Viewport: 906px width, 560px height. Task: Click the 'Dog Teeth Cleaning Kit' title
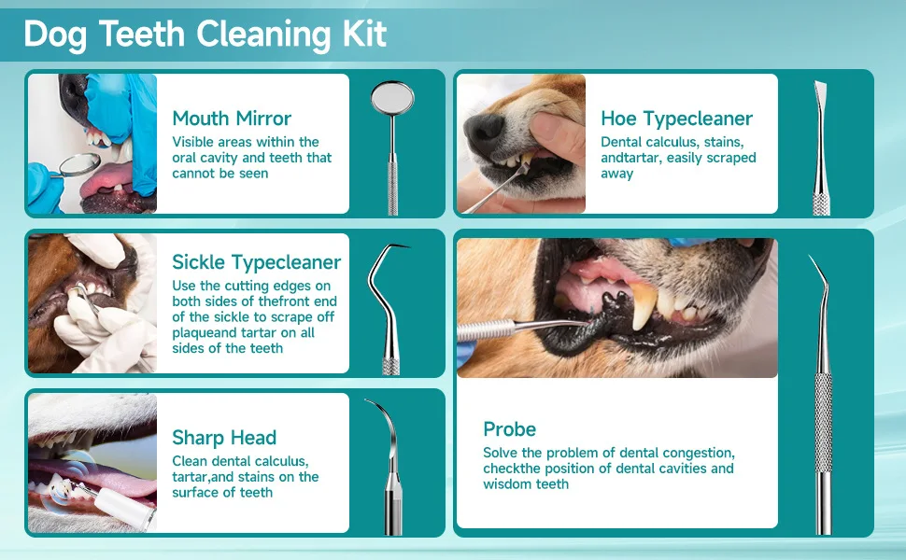[205, 34]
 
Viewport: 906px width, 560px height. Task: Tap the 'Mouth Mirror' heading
[232, 119]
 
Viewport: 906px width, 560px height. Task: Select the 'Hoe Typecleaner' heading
[676, 119]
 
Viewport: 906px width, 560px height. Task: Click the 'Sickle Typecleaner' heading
[257, 262]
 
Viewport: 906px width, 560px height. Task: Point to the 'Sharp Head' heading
[224, 438]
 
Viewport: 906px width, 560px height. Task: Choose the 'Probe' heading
[510, 429]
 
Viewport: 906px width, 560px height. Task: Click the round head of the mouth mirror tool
[392, 98]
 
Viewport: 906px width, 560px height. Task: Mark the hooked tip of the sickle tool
[399, 246]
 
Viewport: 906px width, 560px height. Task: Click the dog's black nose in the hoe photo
[484, 128]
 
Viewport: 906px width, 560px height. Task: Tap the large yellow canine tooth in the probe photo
[644, 305]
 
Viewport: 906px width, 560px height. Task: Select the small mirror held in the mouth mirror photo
[78, 164]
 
